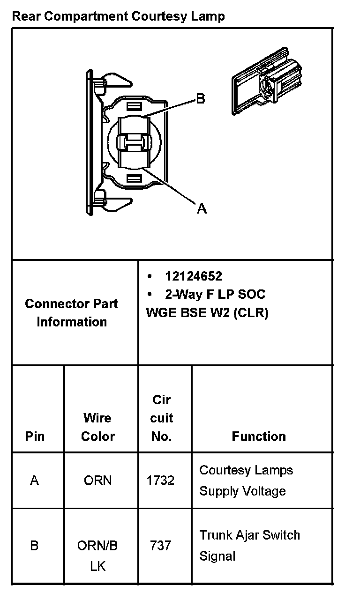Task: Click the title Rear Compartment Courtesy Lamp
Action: pyautogui.click(x=118, y=17)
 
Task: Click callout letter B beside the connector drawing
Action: pyautogui.click(x=200, y=99)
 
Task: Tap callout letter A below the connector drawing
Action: pyautogui.click(x=202, y=208)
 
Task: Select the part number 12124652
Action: pyautogui.click(x=193, y=276)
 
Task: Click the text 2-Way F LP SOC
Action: pyautogui.click(x=215, y=294)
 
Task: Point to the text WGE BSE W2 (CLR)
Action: pyautogui.click(x=207, y=312)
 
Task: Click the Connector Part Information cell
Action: pyautogui.click(x=72, y=312)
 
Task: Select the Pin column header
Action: pyautogui.click(x=35, y=436)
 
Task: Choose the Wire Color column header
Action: pyautogui.click(x=97, y=427)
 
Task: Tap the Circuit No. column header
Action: pyautogui.click(x=161, y=418)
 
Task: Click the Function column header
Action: pyautogui.click(x=259, y=436)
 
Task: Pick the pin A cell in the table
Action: pyautogui.click(x=34, y=480)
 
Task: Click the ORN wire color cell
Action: pyautogui.click(x=97, y=480)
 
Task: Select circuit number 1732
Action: pyautogui.click(x=161, y=480)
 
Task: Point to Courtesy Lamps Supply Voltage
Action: pyautogui.click(x=246, y=480)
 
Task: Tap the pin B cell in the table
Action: pyautogui.click(x=34, y=546)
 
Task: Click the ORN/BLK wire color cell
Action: pyautogui.click(x=97, y=555)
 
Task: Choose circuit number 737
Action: pyautogui.click(x=161, y=546)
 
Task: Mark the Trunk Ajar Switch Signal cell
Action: pyautogui.click(x=249, y=546)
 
